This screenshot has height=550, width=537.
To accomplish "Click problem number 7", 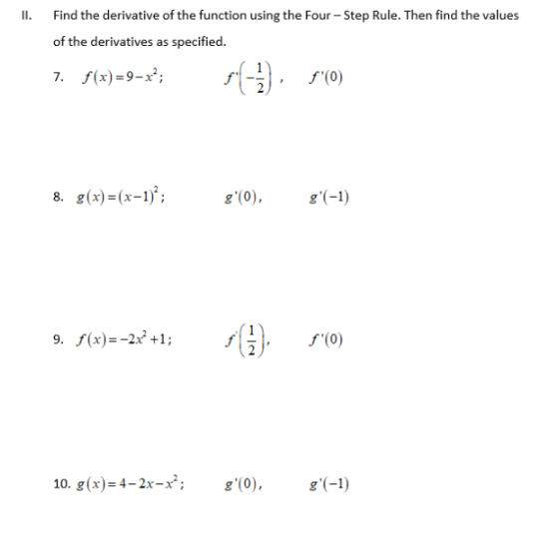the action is [60, 76].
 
